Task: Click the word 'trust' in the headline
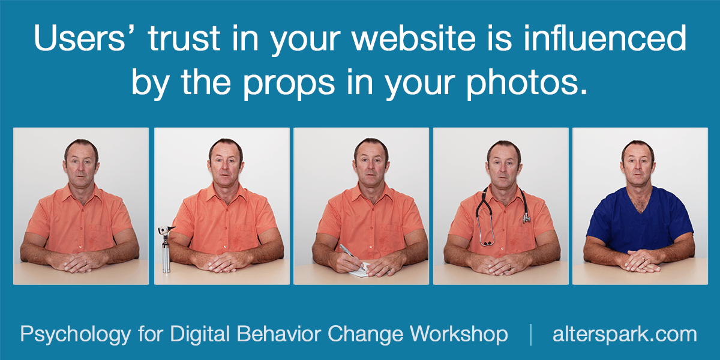(184, 38)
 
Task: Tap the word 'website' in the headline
(413, 38)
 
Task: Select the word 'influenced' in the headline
(605, 37)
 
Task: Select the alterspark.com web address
(625, 335)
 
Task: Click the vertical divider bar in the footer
(530, 335)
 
